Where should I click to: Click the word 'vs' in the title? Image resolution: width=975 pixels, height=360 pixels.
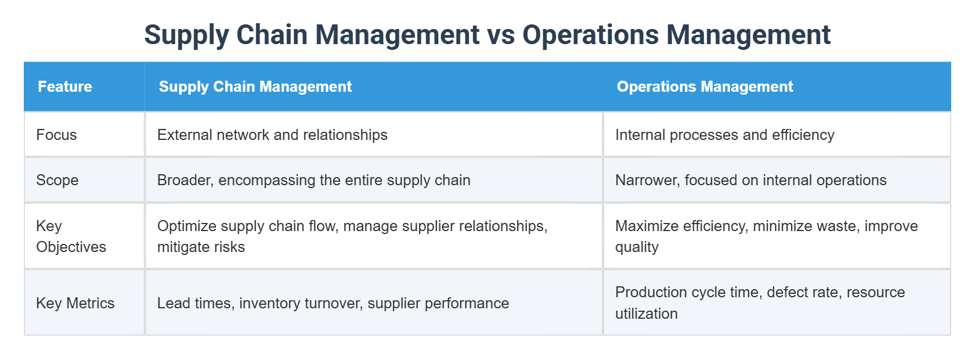click(x=501, y=35)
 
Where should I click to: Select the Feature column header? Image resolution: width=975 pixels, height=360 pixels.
click(x=65, y=87)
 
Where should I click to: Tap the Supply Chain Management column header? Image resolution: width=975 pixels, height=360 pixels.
click(x=255, y=87)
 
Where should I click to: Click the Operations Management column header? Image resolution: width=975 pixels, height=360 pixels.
click(x=705, y=87)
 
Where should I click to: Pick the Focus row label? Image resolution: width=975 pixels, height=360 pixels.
click(x=56, y=135)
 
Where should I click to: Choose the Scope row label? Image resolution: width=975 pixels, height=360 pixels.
click(x=57, y=180)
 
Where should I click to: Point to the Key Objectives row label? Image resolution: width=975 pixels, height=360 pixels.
click(x=71, y=236)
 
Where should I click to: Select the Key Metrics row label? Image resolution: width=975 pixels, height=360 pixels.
click(x=75, y=303)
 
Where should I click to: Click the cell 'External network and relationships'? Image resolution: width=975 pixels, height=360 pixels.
click(x=272, y=135)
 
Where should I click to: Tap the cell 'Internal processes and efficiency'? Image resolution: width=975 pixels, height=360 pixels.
click(x=724, y=135)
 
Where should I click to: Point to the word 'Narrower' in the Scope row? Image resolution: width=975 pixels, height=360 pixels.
click(x=646, y=180)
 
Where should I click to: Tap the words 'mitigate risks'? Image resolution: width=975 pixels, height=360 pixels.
click(x=201, y=247)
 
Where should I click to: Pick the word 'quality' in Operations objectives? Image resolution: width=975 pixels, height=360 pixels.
click(x=637, y=247)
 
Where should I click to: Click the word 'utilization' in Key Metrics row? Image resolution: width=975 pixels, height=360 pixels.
click(x=646, y=314)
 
